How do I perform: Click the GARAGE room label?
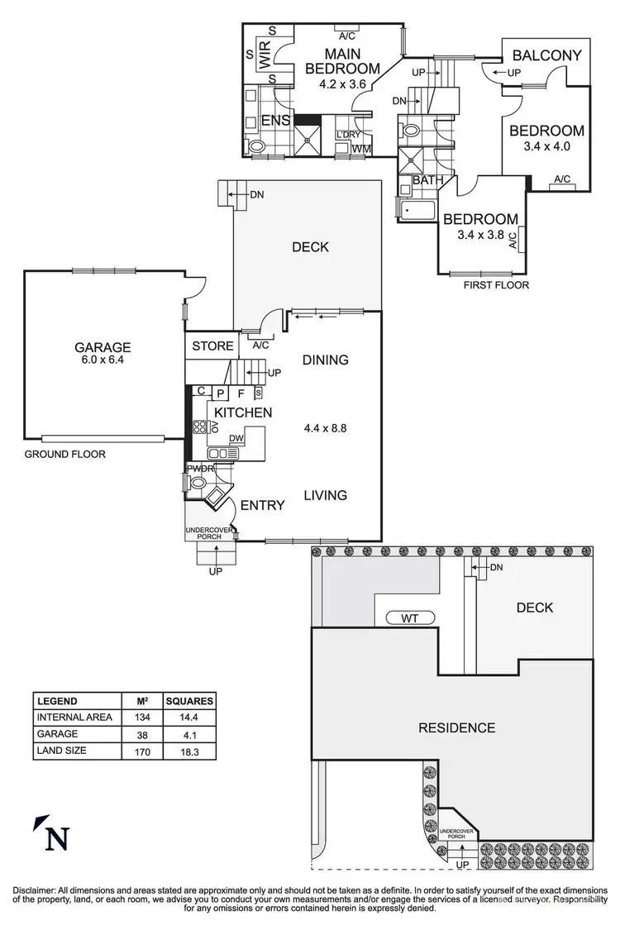click(101, 347)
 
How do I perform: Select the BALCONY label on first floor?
click(546, 56)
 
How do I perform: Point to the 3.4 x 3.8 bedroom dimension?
click(480, 235)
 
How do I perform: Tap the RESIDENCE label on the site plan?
click(456, 727)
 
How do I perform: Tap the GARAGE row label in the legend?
click(56, 733)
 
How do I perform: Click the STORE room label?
click(212, 346)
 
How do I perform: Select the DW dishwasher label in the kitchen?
click(236, 438)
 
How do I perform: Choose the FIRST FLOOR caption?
click(496, 285)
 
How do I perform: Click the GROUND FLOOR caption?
click(64, 454)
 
